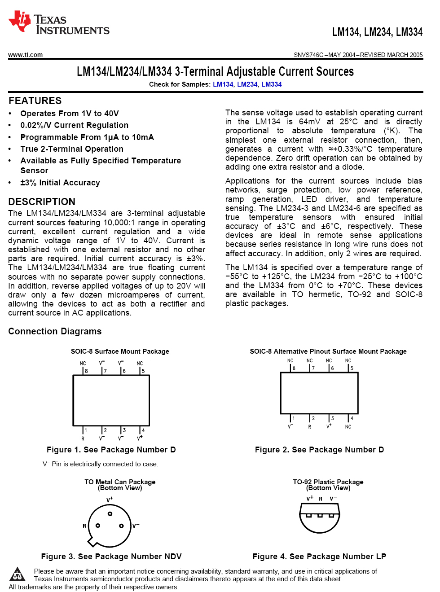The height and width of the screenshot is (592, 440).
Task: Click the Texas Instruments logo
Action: pos(58,22)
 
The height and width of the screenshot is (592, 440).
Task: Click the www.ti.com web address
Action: pos(26,55)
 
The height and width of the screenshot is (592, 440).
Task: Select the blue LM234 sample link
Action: pos(247,84)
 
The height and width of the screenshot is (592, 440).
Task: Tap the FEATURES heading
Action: pos(35,101)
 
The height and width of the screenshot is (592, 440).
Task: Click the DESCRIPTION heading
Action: pos(42,202)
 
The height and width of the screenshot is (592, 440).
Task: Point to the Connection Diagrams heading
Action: pos(55,331)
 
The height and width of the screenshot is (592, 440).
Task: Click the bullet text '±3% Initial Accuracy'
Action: pos(60,183)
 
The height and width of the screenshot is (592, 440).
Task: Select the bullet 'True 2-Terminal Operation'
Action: pos(72,149)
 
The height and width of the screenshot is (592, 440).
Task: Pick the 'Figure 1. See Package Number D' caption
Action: pos(111,450)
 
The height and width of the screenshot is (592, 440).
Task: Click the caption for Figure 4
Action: pos(319,557)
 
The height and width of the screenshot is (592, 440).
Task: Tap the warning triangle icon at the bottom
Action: pos(18,574)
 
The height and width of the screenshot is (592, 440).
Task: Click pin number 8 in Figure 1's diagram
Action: pos(86,371)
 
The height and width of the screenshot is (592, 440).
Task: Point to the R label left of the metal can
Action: pos(84,526)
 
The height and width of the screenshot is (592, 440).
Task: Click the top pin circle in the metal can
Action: pos(110,514)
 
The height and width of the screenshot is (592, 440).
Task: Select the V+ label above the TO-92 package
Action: pos(310,498)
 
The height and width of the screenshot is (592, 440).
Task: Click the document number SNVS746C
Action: pos(308,55)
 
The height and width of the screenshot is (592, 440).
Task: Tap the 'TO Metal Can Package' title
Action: pos(120,482)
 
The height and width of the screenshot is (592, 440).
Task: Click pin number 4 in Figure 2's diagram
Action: pos(352,418)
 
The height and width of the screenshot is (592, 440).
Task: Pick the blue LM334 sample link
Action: pos(271,84)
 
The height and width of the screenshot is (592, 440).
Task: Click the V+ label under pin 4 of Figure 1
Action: pos(140,438)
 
